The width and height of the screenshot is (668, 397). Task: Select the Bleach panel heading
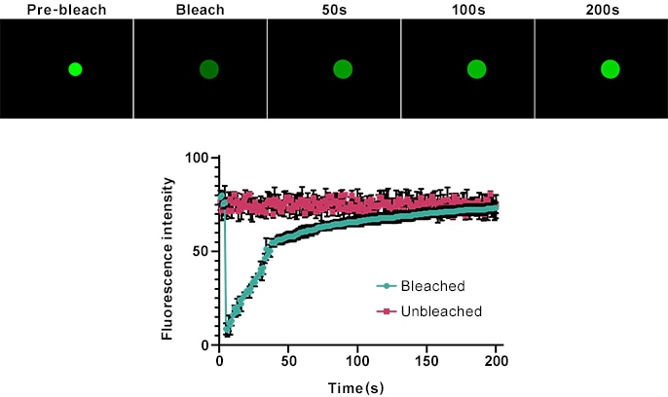tap(201, 11)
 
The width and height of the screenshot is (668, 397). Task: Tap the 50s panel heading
tap(334, 11)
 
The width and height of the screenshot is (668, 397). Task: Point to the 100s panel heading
tap(467, 11)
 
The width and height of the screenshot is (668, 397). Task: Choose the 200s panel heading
tap(601, 11)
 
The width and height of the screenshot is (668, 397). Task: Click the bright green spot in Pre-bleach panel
tap(75, 69)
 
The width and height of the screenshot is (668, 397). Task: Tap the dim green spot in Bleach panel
tap(208, 69)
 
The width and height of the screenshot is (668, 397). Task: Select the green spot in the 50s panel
tap(342, 69)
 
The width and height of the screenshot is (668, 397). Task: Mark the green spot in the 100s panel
tap(476, 69)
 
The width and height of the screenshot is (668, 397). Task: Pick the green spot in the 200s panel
tap(610, 69)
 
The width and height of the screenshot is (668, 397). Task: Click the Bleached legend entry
tap(435, 286)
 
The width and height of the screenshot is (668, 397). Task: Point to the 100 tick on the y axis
tap(198, 158)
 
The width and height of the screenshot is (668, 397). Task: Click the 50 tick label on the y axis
tap(202, 251)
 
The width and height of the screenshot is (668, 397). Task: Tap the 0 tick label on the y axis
tap(205, 344)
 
